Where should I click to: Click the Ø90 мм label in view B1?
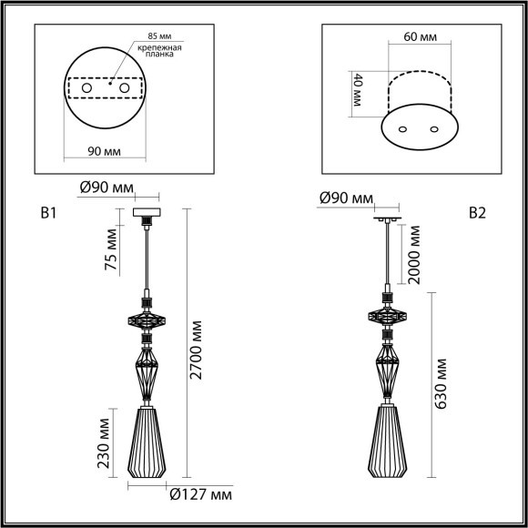[x=107, y=188]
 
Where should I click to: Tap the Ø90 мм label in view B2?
[x=346, y=198]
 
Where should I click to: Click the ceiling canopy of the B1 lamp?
[x=146, y=215]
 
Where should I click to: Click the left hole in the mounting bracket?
[x=89, y=88]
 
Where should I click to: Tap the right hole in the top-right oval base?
[x=431, y=129]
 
